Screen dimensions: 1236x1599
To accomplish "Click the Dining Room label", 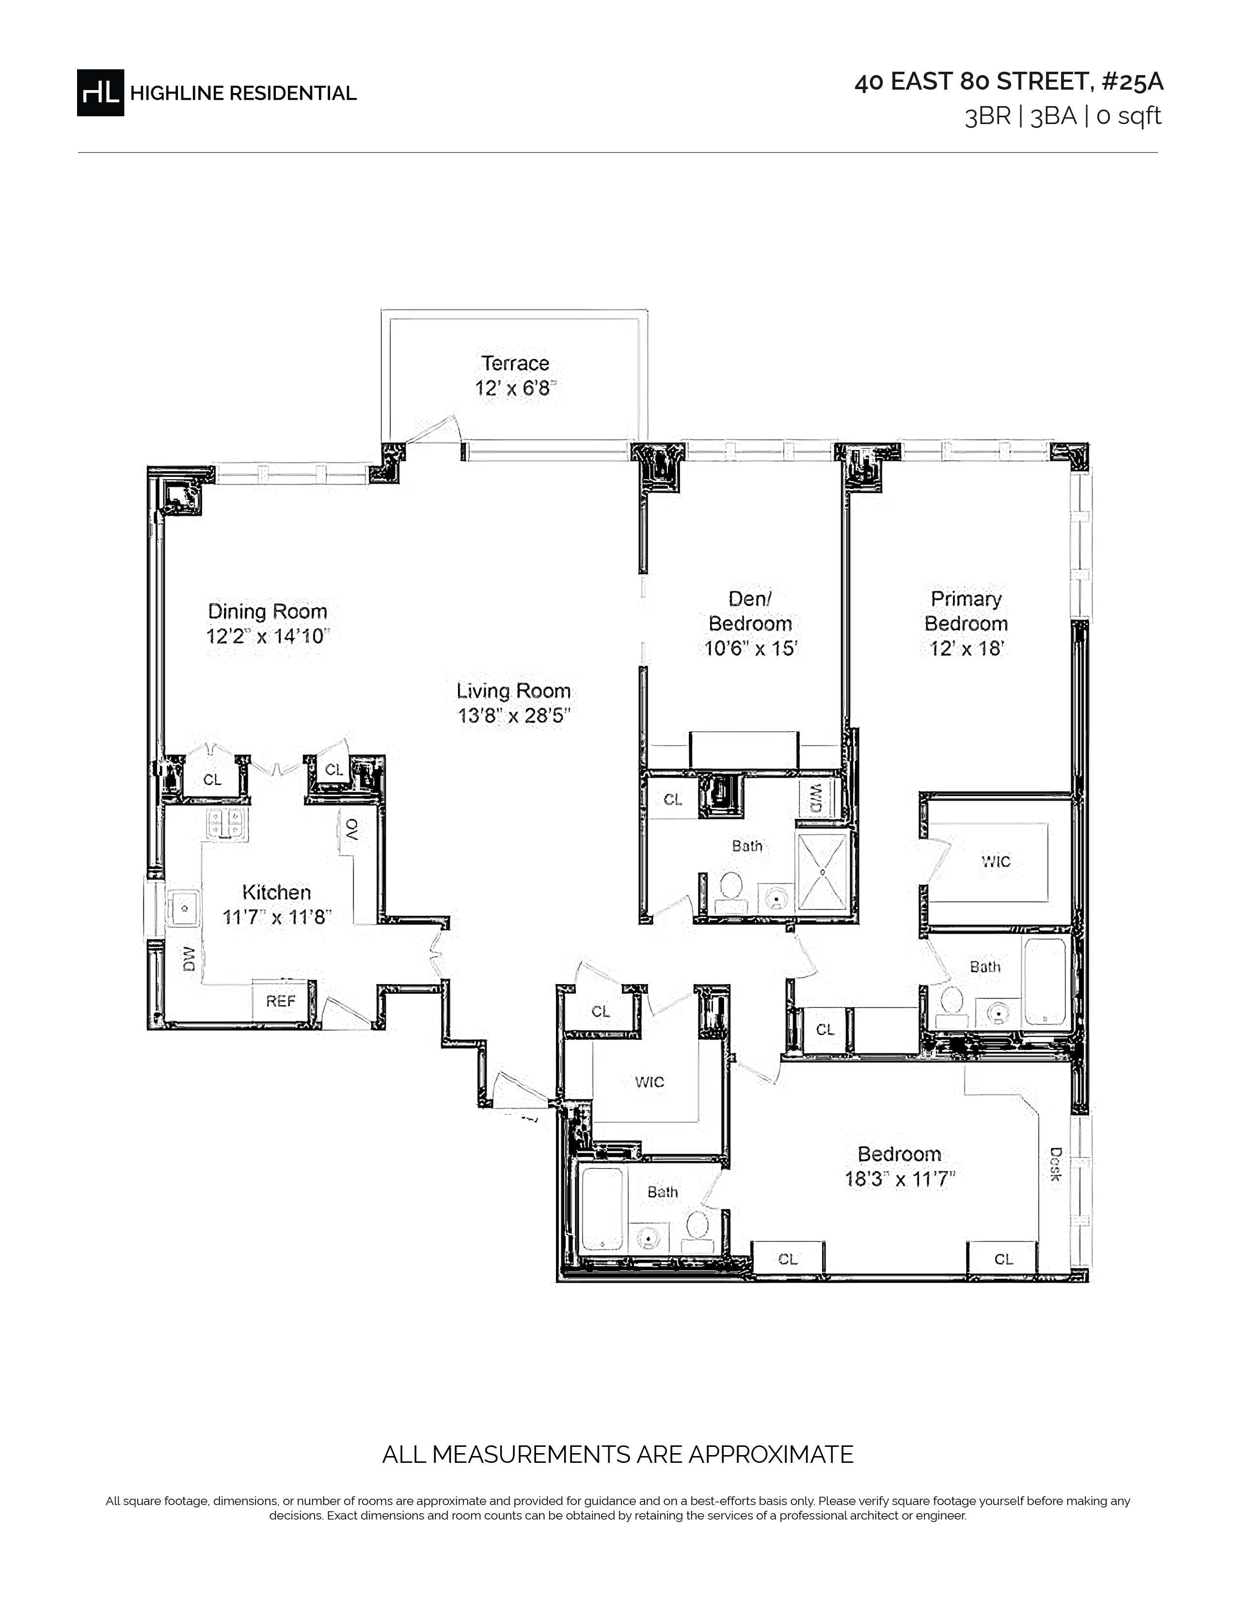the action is [267, 611].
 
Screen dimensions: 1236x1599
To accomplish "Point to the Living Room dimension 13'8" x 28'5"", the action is [514, 715].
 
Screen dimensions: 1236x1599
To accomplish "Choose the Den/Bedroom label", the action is [750, 611].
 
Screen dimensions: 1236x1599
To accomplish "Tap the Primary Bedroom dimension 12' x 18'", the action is [967, 649].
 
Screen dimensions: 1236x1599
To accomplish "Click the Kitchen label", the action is [277, 893].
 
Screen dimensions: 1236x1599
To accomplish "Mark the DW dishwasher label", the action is [189, 958].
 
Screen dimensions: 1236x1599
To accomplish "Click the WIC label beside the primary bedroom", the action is [996, 862].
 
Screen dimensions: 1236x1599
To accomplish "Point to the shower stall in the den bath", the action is [822, 872].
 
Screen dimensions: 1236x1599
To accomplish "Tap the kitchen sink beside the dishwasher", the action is [183, 908].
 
